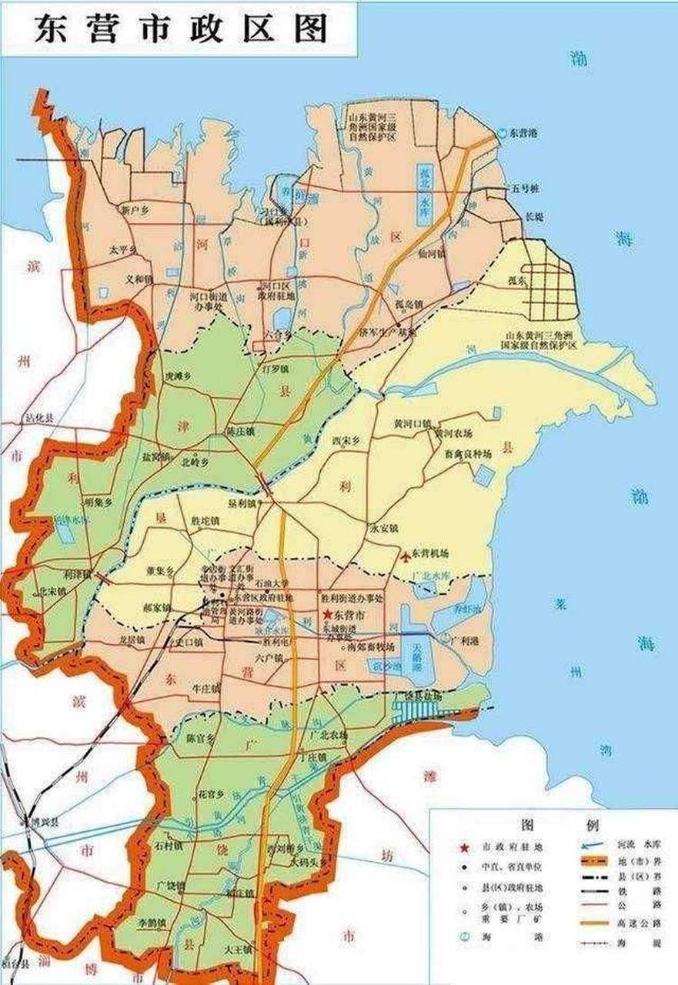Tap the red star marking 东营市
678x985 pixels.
point(328,613)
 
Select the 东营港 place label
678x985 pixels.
point(523,133)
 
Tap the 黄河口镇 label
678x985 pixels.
point(412,422)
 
